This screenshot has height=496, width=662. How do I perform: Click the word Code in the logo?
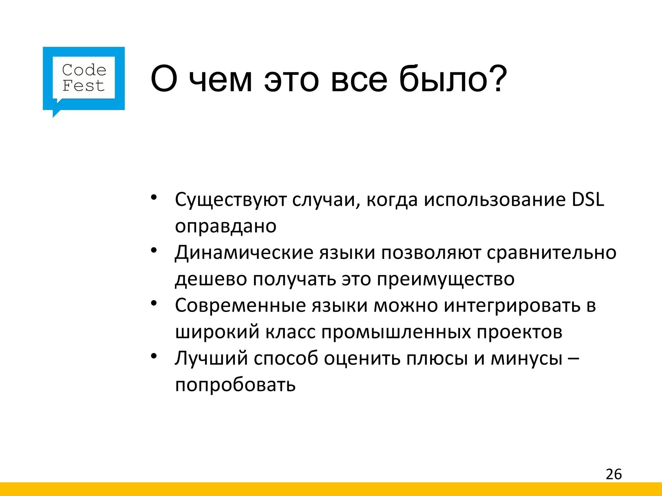(84, 70)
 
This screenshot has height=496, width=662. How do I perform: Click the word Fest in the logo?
(83, 86)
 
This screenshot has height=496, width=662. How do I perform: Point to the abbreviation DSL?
(588, 200)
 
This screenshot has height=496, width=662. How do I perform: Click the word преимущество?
(445, 279)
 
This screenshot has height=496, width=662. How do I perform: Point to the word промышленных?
(396, 332)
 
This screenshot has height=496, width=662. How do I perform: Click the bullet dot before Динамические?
(154, 250)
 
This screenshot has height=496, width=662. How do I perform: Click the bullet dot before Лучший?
(154, 356)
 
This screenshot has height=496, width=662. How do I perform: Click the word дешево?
(211, 279)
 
